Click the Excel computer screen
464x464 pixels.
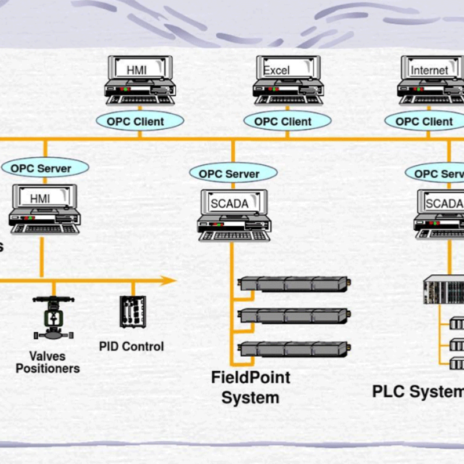(288, 70)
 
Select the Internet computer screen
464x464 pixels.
(430, 70)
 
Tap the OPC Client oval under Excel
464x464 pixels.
(287, 121)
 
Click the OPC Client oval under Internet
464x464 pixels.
(425, 121)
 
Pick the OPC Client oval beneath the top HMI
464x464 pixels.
(139, 121)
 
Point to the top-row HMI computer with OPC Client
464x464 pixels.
(140, 80)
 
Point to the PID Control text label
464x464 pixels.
(131, 346)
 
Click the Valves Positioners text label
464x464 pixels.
(48, 362)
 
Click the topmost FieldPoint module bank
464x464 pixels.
(294, 284)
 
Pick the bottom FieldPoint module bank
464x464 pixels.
(294, 349)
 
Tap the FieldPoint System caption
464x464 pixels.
(250, 387)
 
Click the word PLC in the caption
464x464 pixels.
(390, 391)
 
